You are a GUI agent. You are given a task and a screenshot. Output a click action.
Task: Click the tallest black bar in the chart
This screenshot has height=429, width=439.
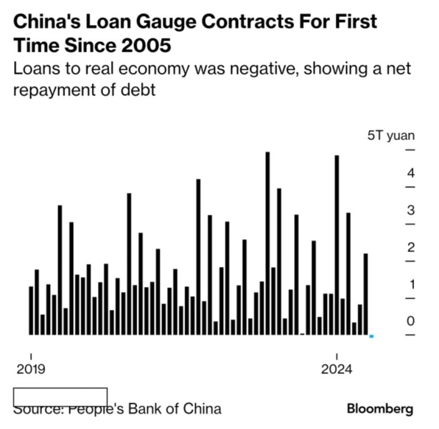coord(268,242)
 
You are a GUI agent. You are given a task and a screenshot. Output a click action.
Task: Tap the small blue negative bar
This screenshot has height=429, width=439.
coord(371,336)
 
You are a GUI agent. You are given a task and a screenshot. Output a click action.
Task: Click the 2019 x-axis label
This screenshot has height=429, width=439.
coord(30,369)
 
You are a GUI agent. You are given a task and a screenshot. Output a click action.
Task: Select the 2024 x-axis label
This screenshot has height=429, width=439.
coord(336,369)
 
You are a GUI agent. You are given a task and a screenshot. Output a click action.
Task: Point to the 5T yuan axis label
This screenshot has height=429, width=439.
coord(391,135)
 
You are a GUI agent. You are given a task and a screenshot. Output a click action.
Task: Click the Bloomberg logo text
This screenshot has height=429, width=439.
coord(380,408)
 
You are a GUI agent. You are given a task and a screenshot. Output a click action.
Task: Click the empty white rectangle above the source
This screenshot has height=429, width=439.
coord(60,396)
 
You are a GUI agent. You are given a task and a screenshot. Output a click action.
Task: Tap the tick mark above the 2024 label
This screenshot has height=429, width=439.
coord(336,356)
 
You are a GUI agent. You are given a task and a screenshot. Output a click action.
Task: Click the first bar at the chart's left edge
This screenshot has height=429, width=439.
coord(31,310)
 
